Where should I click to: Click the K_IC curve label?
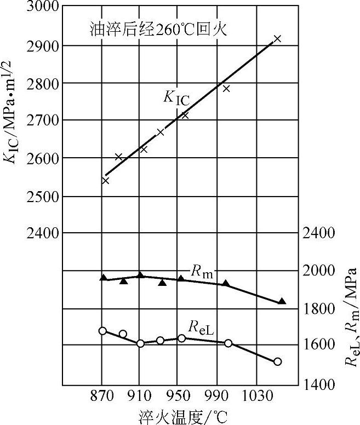pos(176,97)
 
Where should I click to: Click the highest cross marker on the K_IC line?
pos(277,38)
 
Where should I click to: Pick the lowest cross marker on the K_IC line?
pos(106,180)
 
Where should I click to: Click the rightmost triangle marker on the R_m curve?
pos(282,301)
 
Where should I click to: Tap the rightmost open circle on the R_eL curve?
pos(277,361)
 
